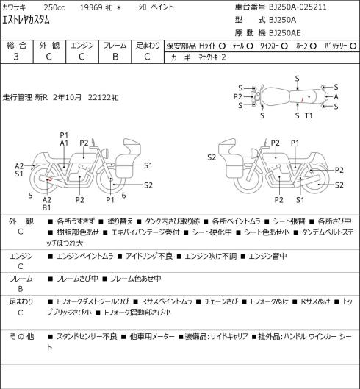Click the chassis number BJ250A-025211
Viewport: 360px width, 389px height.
tap(298, 7)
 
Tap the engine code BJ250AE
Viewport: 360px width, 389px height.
tap(285, 33)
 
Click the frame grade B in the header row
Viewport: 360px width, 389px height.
tap(115, 57)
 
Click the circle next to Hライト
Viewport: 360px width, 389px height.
tap(222, 46)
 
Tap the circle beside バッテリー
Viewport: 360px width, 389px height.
tap(353, 46)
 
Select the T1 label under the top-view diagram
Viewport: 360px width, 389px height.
tap(309, 115)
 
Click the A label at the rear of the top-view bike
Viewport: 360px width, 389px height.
tap(336, 97)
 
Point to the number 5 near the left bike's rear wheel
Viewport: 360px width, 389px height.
tap(31, 196)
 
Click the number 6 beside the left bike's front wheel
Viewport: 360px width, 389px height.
tap(123, 196)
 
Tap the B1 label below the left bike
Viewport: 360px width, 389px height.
tap(46, 207)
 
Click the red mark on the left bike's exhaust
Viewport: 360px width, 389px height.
tap(50, 179)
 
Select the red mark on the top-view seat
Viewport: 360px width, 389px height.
tap(302, 99)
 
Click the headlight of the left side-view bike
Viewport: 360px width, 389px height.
tap(106, 152)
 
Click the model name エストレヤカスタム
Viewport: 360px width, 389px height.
tap(26, 20)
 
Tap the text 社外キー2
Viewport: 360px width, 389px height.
tap(212, 57)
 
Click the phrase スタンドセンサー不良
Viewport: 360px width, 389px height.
tap(87, 337)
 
